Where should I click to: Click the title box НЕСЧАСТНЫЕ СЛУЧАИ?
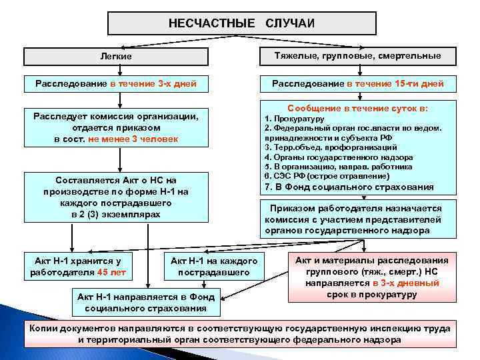pos(241,23)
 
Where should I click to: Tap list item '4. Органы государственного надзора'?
pos(329,157)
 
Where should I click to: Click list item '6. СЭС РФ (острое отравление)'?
pos(327,175)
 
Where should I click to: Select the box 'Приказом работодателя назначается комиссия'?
pos(353,219)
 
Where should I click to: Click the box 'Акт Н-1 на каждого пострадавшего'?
pos(213,266)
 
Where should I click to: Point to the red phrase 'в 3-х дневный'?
pos(406,283)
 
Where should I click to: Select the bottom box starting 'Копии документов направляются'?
pos(240,334)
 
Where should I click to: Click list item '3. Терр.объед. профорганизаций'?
pos(331,147)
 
